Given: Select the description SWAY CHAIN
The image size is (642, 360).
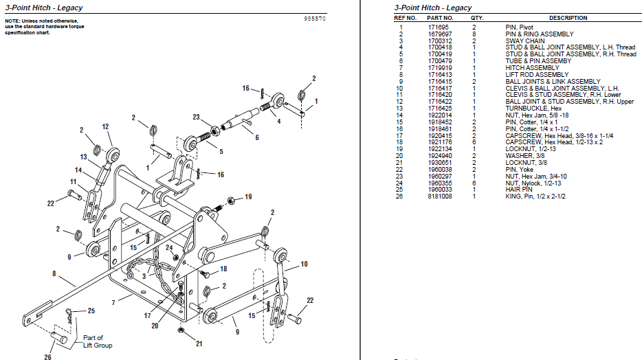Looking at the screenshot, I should coord(525,41).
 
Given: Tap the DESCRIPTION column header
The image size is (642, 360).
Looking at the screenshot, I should coord(568,18).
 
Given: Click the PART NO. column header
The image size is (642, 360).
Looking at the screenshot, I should coord(440,18).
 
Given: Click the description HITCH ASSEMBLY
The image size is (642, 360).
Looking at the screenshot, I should coord(532,68).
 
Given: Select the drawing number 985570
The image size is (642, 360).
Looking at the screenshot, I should coord(315,19).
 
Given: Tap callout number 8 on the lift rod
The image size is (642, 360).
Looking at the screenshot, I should coord(54,273).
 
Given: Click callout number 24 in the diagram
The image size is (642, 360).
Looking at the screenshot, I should coord(169,247).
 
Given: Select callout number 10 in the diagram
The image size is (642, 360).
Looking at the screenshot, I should coord(304,264).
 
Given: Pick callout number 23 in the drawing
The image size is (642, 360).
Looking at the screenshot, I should coord(196,117).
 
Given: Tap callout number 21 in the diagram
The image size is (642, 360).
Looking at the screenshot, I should coord(199,344).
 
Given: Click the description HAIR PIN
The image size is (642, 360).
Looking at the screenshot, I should coord(519,189).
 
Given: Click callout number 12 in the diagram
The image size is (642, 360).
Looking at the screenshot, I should coord(106,126).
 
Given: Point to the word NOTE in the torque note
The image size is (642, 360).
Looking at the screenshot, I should coord(13,21).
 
